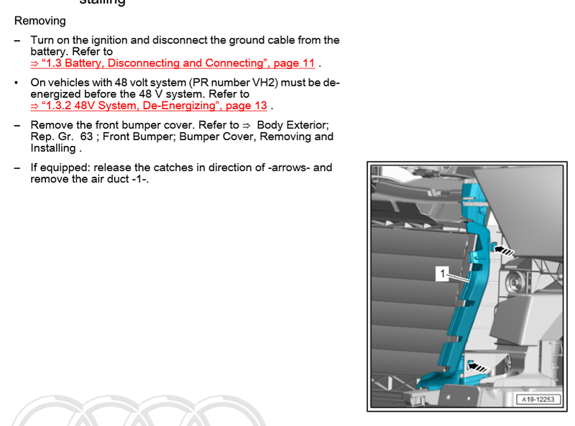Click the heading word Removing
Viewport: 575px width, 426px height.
tap(40, 21)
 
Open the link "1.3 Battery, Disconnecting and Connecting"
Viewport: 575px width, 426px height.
tap(172, 63)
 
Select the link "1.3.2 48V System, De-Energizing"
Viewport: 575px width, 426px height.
tap(149, 106)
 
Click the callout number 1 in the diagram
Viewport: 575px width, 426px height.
tap(441, 273)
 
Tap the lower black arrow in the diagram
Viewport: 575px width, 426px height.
tap(477, 368)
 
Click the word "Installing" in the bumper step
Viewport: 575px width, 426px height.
tap(53, 148)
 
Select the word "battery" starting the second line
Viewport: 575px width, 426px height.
tap(48, 52)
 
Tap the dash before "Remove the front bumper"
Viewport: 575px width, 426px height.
tap(17, 125)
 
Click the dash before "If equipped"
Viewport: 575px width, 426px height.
tap(17, 167)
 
